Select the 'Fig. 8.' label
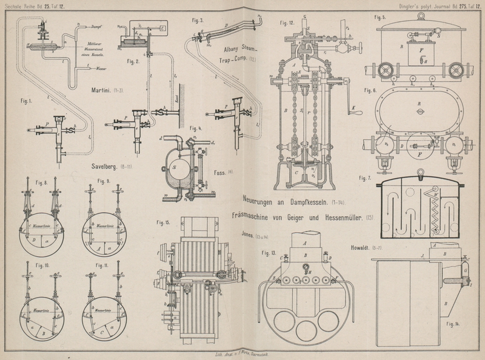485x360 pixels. click(41, 181)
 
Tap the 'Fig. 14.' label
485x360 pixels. click(451, 324)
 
